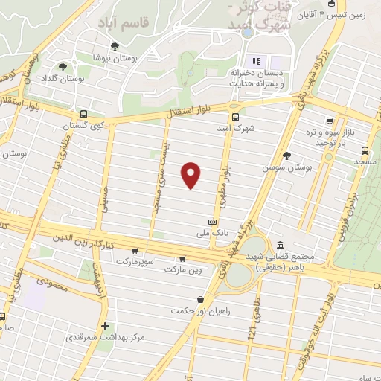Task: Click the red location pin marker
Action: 192,174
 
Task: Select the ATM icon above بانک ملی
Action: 213,222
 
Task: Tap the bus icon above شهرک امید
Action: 235,116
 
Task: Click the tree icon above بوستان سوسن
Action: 286,156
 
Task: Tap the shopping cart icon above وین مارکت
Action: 182,259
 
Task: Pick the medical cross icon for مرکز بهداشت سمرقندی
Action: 106,326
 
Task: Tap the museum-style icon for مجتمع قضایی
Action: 279,245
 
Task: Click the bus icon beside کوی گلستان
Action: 83,115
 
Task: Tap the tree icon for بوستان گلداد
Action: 72,65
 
